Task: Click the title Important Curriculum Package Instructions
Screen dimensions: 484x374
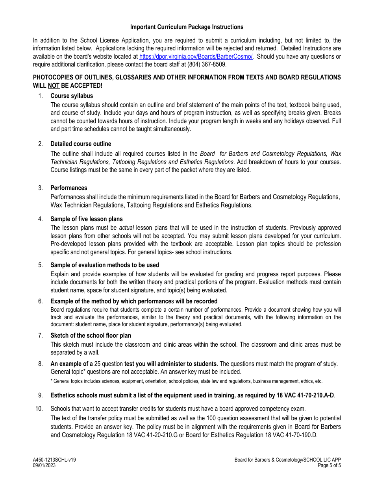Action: point(187,27)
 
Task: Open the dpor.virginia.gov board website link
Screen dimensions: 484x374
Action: point(196,57)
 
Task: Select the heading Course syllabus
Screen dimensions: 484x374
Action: point(72,96)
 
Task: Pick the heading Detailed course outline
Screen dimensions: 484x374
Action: point(81,144)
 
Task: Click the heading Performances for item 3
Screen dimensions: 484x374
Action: point(69,188)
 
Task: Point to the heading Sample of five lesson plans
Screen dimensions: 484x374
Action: point(87,219)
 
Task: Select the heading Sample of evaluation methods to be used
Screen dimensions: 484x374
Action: point(105,265)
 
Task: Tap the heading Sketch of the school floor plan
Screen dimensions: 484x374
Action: point(91,336)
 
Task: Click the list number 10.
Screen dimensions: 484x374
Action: point(39,409)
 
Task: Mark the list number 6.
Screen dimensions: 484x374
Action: point(41,301)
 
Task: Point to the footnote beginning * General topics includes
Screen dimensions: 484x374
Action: point(187,381)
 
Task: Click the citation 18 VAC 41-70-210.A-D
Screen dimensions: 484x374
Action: point(301,395)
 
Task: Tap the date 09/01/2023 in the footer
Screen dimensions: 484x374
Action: point(44,465)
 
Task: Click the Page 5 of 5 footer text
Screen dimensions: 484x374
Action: point(330,465)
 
